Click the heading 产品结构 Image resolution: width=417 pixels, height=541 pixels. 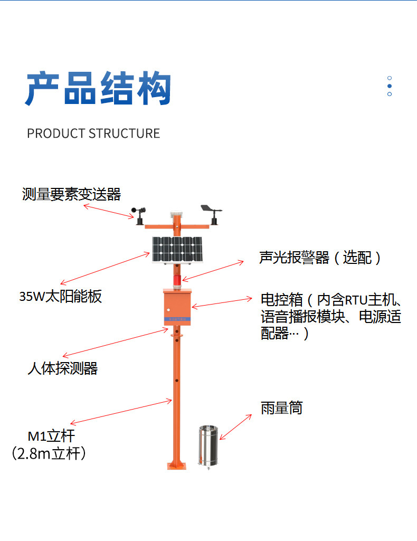tap(98, 88)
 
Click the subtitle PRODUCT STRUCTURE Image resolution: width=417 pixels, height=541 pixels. tap(93, 134)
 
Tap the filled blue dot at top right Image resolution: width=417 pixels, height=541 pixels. tap(390, 86)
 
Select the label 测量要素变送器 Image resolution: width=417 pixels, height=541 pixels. tap(71, 194)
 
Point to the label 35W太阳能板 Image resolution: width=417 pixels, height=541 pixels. tap(61, 297)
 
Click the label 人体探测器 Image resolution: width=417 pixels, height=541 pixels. tap(63, 368)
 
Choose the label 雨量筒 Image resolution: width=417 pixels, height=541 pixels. tap(282, 408)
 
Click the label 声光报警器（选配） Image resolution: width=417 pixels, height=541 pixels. tap(320, 258)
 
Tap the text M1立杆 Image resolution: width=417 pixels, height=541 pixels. tap(51, 436)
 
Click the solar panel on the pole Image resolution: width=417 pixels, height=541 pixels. tap(177, 250)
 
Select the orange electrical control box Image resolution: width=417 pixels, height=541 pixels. tap(177, 307)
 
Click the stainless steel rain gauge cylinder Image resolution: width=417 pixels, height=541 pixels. tap(209, 447)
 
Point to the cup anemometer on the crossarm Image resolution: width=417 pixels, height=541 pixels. tap(139, 215)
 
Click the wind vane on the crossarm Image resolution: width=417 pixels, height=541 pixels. tap(212, 214)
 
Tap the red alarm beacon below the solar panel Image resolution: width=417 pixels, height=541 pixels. tap(177, 281)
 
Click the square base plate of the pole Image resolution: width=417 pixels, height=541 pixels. tap(177, 466)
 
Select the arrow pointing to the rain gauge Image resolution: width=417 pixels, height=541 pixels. tap(236, 427)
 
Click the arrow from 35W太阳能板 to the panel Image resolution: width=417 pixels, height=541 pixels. tap(105, 269)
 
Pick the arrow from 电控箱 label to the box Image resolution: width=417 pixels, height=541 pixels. tap(222, 302)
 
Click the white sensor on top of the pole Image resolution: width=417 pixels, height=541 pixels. tap(177, 214)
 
